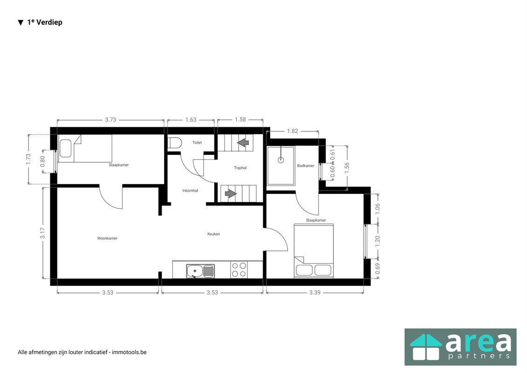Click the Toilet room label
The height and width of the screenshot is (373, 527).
(197, 143)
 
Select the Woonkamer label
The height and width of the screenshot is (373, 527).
(107, 238)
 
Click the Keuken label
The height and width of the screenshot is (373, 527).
(213, 234)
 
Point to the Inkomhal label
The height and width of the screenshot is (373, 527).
(190, 190)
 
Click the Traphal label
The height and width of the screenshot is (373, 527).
(240, 167)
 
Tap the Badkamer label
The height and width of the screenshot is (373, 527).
(306, 166)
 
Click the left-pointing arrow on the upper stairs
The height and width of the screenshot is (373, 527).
(243, 143)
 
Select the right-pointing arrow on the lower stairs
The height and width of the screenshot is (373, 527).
(231, 194)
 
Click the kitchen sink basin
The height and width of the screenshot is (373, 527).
(195, 271)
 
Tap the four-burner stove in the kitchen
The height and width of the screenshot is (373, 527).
(239, 270)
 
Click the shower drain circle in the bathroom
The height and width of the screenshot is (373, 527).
(281, 160)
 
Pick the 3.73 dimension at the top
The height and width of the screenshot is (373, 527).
(110, 119)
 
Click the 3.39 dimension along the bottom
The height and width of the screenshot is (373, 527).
(315, 292)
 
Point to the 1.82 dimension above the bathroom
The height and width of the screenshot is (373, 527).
(293, 131)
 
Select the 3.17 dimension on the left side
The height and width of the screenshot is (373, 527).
(42, 233)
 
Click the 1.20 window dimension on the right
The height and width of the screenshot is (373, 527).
(377, 241)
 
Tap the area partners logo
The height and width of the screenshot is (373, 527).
(460, 347)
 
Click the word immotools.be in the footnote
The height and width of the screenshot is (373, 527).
(129, 352)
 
